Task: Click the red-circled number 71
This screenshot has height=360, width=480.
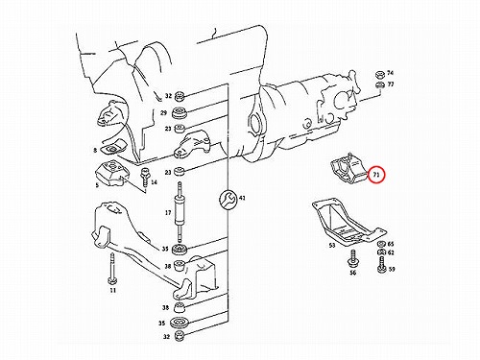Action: [376, 175]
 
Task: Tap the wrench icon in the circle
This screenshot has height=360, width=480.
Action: [228, 200]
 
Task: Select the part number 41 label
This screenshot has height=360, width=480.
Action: [242, 199]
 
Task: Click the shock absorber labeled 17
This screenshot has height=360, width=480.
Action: [180, 213]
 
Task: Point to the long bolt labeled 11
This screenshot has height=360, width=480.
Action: [112, 269]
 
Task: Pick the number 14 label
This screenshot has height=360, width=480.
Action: [154, 182]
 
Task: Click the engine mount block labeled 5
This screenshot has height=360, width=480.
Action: [112, 173]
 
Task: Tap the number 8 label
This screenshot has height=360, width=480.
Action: [95, 150]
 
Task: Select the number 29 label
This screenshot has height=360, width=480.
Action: [163, 113]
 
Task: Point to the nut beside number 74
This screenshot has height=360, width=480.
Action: [380, 75]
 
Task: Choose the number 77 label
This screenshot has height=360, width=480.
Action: [391, 84]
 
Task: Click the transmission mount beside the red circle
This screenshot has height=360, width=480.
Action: [348, 168]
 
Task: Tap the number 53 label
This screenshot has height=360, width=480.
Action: [332, 246]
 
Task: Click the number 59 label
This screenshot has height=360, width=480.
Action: [392, 269]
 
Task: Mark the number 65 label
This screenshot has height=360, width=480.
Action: [391, 244]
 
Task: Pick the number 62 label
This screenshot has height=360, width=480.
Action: [391, 252]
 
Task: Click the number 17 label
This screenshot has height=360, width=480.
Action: [168, 212]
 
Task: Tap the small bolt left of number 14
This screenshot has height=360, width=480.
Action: [144, 177]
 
